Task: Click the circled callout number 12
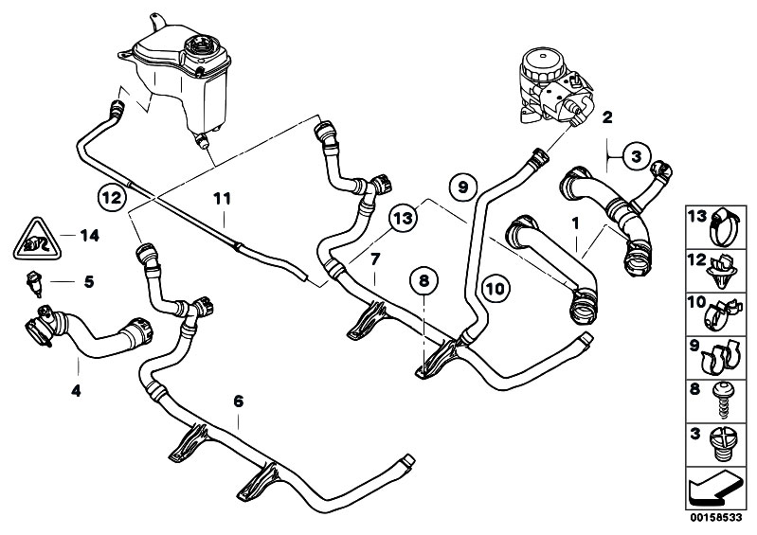[111, 198]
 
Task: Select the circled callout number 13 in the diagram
[402, 218]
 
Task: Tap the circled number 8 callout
[424, 280]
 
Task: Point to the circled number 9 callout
[462, 187]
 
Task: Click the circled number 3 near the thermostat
[637, 155]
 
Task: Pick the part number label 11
[221, 200]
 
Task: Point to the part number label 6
[238, 401]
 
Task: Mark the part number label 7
[375, 258]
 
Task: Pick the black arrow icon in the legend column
[714, 490]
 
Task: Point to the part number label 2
[606, 117]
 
